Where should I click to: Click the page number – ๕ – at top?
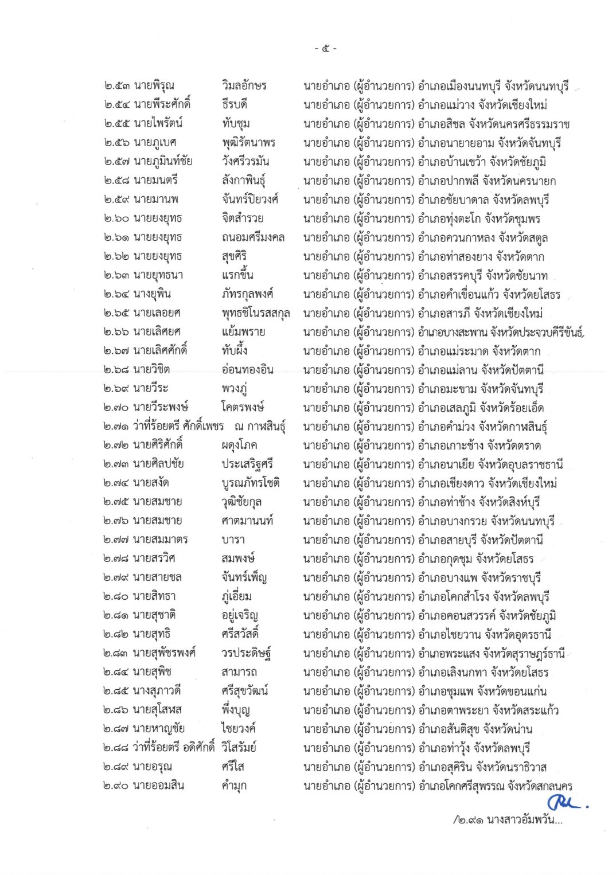(x=325, y=49)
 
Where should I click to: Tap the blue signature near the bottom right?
(x=567, y=801)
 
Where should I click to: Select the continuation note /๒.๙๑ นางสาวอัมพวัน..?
(x=507, y=820)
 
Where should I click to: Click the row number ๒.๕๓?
(x=116, y=86)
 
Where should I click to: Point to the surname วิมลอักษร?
(x=244, y=86)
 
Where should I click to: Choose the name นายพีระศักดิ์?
(x=162, y=104)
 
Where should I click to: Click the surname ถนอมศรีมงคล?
(x=253, y=237)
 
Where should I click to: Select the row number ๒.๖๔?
(x=116, y=294)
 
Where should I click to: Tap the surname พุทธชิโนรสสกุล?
(x=256, y=313)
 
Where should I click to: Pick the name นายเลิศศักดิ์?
(x=161, y=350)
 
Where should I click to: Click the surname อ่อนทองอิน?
(x=247, y=369)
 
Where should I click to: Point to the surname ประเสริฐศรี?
(x=247, y=464)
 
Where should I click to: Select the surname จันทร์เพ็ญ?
(x=244, y=577)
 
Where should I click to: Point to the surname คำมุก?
(x=234, y=786)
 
